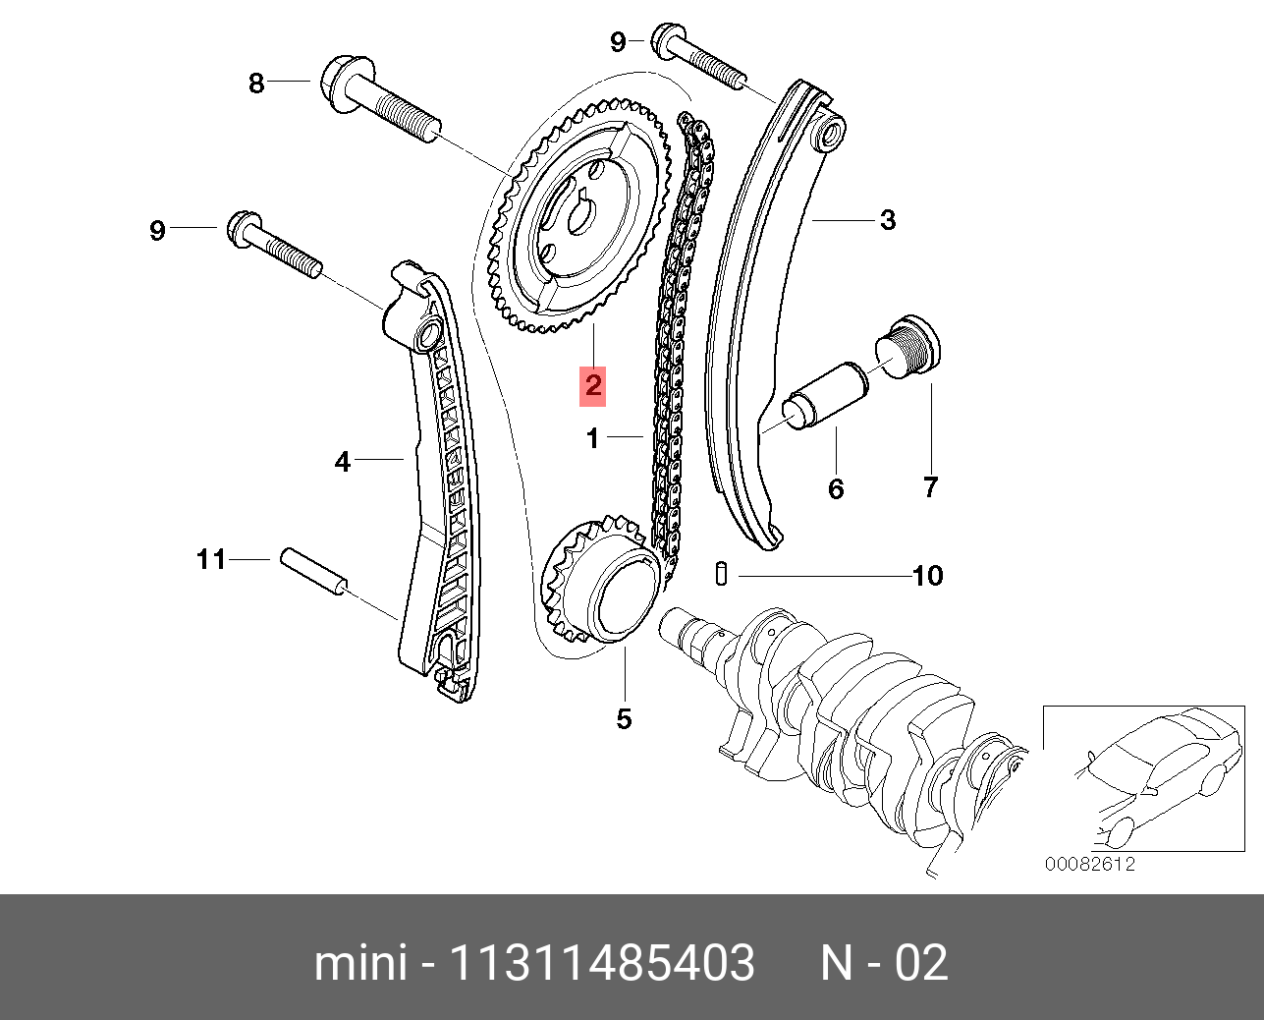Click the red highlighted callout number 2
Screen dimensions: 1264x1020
[592, 385]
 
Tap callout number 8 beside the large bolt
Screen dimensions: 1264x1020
[256, 83]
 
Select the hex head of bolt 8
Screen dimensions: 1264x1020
[340, 81]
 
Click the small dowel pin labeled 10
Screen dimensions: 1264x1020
[722, 574]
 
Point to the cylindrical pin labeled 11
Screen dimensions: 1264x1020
[313, 572]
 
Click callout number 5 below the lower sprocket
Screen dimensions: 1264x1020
[624, 719]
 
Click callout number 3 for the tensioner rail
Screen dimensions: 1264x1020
[888, 219]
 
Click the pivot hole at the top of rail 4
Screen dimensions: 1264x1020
[427, 336]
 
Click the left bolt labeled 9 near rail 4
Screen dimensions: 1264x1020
[275, 246]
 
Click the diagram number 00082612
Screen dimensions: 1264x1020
[1090, 864]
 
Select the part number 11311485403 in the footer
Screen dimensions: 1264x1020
[602, 963]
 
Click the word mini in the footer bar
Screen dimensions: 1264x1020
[359, 963]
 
